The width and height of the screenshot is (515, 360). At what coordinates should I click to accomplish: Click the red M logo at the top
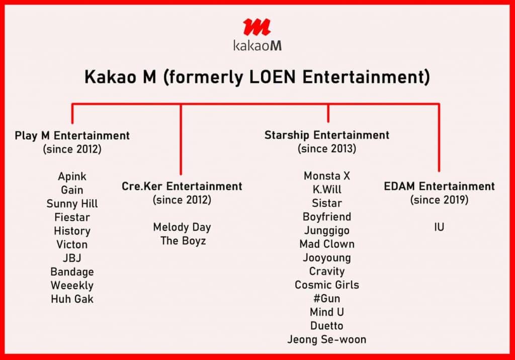click(x=257, y=27)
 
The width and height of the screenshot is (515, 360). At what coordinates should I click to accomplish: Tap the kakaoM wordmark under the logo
click(x=257, y=45)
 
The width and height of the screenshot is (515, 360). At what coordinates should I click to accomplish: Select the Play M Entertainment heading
click(x=72, y=136)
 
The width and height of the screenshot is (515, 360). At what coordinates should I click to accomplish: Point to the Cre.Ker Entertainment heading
click(x=182, y=186)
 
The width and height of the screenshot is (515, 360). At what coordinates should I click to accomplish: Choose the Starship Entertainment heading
click(x=327, y=135)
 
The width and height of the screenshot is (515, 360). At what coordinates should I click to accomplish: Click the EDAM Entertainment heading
click(x=439, y=186)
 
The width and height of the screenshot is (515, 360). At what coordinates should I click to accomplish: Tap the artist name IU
click(x=439, y=227)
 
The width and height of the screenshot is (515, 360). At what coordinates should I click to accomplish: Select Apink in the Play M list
click(x=72, y=176)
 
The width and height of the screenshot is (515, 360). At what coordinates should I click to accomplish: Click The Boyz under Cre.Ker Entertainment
click(x=183, y=241)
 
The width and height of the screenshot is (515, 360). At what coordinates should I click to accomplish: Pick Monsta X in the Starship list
click(x=327, y=176)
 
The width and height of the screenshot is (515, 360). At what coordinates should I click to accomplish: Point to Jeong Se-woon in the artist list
click(x=327, y=339)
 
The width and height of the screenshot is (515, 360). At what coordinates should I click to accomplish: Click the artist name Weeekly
click(x=72, y=286)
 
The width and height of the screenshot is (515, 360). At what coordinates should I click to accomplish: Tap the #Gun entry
click(x=327, y=298)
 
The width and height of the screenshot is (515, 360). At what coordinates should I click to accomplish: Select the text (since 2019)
click(x=439, y=200)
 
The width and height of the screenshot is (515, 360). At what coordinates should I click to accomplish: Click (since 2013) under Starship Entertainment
click(x=327, y=148)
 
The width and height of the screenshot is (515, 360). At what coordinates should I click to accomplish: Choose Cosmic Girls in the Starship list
click(x=327, y=285)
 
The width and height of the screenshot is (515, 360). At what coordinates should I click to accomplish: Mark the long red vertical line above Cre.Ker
click(x=181, y=139)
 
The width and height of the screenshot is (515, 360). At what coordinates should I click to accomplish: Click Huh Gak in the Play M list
click(x=72, y=299)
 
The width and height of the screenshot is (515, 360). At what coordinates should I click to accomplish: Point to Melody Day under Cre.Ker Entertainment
click(x=182, y=227)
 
